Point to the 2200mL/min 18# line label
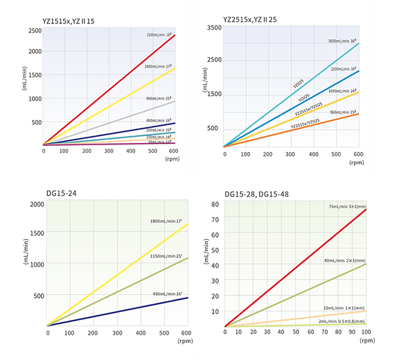click(x=160, y=35)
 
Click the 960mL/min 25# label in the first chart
click(x=160, y=98)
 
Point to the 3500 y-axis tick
click(x=214, y=28)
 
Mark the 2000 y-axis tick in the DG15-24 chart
click(x=37, y=205)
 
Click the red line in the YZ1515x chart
click(x=108, y=90)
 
